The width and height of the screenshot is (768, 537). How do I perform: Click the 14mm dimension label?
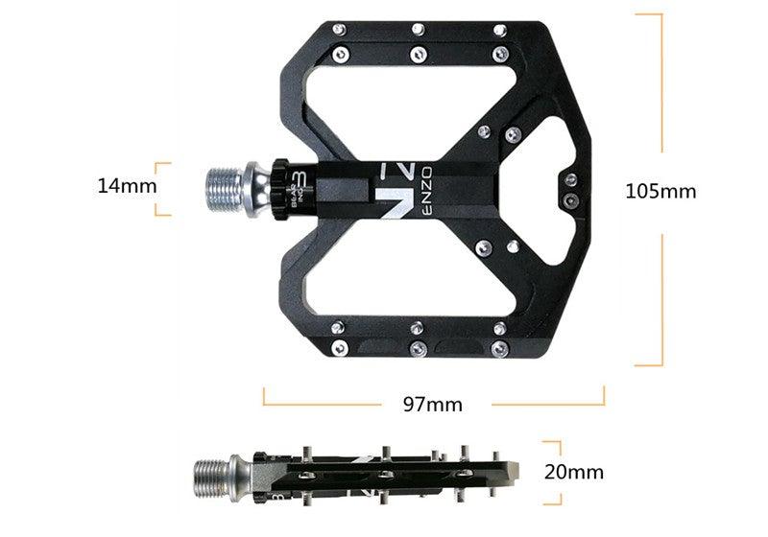[126, 185]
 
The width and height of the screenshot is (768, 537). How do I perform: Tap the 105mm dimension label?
[660, 191]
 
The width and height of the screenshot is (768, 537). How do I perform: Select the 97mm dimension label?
[432, 404]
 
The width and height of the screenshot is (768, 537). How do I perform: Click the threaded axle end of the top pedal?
[225, 183]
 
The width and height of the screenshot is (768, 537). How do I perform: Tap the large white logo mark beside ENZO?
[396, 189]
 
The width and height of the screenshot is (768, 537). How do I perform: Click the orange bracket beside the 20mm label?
[553, 472]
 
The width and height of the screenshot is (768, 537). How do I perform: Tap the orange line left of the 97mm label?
[322, 403]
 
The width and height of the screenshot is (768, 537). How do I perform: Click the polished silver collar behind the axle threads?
[256, 182]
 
